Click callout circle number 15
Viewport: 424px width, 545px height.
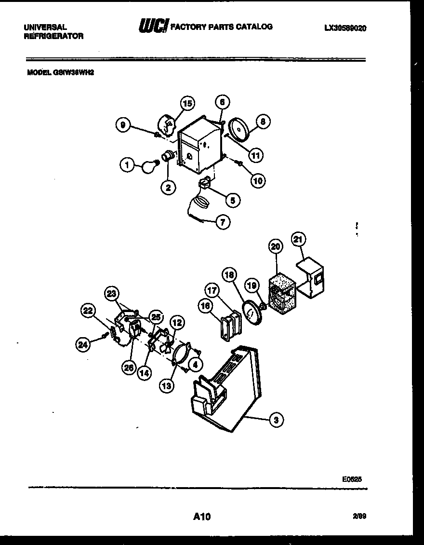[187, 103]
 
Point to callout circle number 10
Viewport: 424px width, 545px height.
[258, 180]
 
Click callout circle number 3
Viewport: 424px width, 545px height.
[276, 420]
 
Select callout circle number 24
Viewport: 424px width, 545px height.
[83, 344]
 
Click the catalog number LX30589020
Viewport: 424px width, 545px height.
[345, 28]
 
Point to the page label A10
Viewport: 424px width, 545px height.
[202, 517]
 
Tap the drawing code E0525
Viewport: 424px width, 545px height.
[352, 479]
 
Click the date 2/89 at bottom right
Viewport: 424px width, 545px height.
[359, 516]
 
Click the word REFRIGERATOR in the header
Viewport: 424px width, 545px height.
[53, 36]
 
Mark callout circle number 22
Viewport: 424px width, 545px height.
[88, 311]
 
